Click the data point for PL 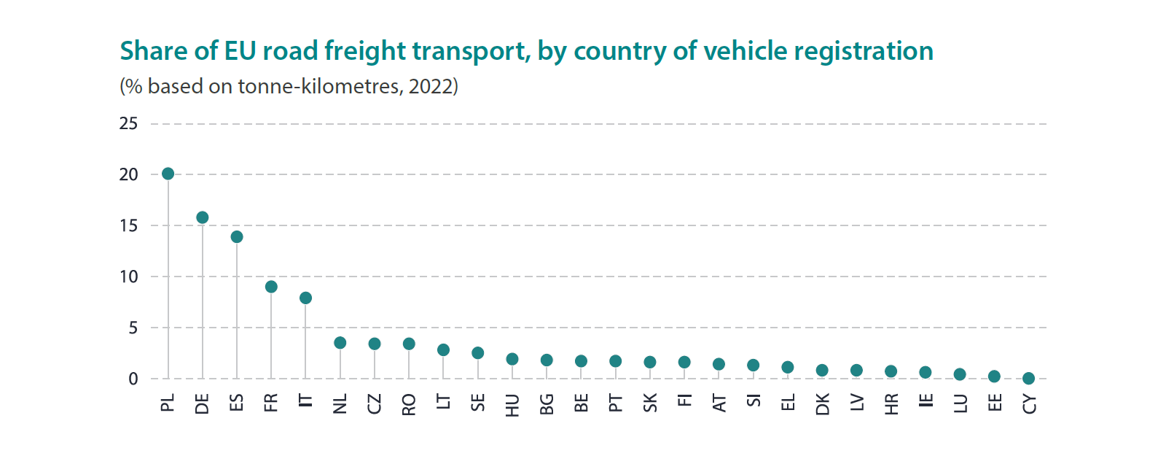coord(168,174)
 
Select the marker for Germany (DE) coord(203,217)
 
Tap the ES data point coord(237,237)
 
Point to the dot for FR coord(271,287)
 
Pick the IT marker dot coord(305,298)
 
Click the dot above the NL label coord(340,343)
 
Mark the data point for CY coord(1028,379)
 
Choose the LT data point coord(443,350)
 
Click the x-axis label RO coord(409,404)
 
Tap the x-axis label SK coord(650,403)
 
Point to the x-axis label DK coord(822,404)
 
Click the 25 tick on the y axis coord(128,124)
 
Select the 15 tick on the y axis coord(128,225)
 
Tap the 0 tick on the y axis coord(133,379)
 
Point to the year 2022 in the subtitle coord(430,86)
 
